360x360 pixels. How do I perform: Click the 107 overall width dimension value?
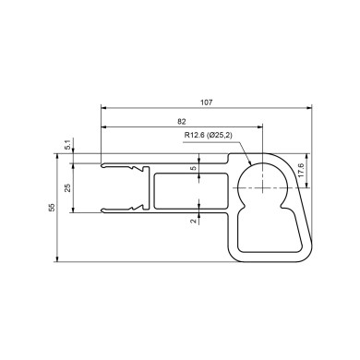click(x=207, y=102)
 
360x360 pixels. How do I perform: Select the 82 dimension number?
click(x=182, y=122)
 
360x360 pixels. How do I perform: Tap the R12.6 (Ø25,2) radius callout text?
click(x=209, y=135)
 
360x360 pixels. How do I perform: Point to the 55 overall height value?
click(x=52, y=207)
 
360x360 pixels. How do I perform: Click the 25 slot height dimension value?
click(x=67, y=187)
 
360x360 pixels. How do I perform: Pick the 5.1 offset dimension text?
click(x=67, y=144)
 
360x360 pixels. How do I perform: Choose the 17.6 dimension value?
click(x=301, y=170)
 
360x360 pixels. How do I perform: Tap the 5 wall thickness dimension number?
click(x=193, y=168)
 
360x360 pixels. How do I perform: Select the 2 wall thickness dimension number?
click(x=193, y=221)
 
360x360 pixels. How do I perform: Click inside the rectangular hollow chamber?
click(x=191, y=191)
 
